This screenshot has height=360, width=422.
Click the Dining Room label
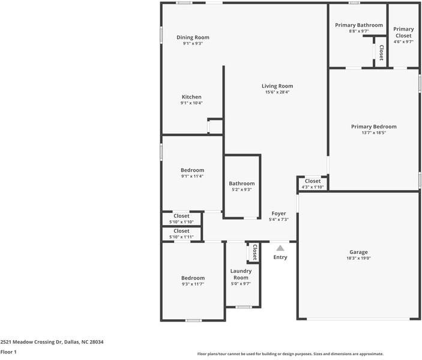tap(193, 37)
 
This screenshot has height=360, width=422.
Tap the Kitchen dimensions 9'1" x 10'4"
tap(191, 103)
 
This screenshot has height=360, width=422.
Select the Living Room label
tap(277, 86)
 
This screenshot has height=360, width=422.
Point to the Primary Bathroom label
tap(358, 25)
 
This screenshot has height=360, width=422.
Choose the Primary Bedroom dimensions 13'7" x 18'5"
tap(373, 133)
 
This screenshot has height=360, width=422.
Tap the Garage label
tap(359, 252)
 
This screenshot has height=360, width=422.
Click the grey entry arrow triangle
tap(280, 247)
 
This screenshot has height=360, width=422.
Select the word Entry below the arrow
tap(280, 257)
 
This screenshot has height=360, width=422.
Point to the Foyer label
tap(279, 214)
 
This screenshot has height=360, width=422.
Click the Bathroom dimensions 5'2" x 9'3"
tap(241, 190)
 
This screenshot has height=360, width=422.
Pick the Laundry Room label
tap(241, 274)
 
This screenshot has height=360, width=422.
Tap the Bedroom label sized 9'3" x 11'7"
tap(193, 278)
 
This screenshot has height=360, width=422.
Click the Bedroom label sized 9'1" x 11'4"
tap(193, 170)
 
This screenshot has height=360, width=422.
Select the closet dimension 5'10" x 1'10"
tap(181, 222)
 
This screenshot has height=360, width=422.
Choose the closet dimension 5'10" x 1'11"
tap(181, 237)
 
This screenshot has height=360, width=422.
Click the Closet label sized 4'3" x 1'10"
tap(313, 181)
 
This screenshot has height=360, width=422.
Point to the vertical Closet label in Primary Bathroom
tap(381, 53)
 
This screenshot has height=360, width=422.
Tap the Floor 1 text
tap(8, 352)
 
